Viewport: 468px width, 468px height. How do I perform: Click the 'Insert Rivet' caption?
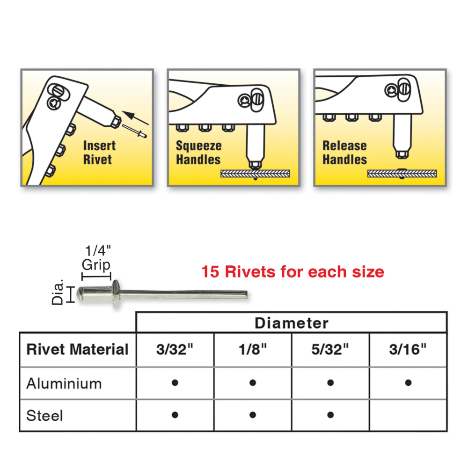tap(99, 153)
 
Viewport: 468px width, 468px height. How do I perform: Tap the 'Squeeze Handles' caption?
tap(199, 153)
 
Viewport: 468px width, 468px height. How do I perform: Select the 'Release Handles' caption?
tap(345, 153)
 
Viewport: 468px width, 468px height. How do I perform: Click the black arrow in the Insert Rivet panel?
tap(135, 117)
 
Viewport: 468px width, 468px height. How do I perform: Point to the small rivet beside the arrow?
tap(134, 131)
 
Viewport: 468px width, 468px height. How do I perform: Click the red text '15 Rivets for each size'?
tap(292, 271)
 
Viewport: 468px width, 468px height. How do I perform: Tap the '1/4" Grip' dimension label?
tap(97, 258)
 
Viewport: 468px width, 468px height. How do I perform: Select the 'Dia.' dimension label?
tap(57, 292)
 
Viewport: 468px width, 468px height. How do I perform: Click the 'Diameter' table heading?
tap(291, 323)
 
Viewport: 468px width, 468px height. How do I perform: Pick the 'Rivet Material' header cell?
tap(77, 349)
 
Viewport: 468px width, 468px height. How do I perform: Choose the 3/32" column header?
tap(175, 349)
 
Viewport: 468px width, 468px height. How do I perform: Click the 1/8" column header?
tap(253, 349)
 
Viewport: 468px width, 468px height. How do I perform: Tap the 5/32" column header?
tap(330, 349)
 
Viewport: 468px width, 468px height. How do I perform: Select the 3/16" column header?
tap(408, 349)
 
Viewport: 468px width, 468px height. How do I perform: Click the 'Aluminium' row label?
tap(64, 384)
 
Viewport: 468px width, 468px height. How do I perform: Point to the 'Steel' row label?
tap(44, 416)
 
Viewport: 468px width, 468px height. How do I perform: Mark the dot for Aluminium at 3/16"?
tap(408, 383)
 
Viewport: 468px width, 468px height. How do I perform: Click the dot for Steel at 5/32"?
tap(330, 415)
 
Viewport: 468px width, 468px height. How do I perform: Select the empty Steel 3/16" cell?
tap(408, 415)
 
